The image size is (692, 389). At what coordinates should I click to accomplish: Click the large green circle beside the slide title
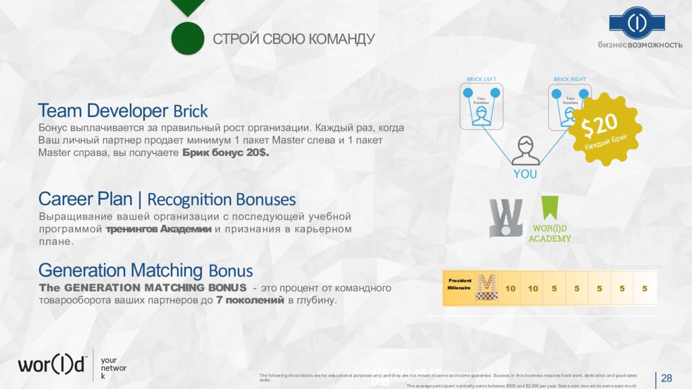click(x=187, y=38)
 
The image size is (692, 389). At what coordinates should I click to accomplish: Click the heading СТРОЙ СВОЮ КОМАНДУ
click(x=293, y=39)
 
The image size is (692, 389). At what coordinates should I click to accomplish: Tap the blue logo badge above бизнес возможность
click(x=637, y=23)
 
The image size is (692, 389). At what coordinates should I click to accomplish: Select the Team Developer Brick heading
click(x=123, y=111)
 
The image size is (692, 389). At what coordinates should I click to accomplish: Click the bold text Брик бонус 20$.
click(x=226, y=153)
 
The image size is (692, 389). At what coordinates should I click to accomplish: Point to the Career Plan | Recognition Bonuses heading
click(x=167, y=199)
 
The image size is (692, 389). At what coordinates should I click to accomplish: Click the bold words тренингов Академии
click(x=159, y=230)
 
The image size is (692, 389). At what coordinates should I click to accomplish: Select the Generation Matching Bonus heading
click(x=145, y=271)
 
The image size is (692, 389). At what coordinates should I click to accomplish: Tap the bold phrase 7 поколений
click(x=250, y=301)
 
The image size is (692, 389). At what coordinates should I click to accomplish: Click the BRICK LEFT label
click(x=481, y=79)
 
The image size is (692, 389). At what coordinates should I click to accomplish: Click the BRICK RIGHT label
click(x=570, y=79)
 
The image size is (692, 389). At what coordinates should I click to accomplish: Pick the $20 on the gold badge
click(x=600, y=125)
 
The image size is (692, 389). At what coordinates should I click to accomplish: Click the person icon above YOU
click(x=525, y=150)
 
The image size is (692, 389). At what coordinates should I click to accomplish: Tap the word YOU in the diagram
click(x=525, y=174)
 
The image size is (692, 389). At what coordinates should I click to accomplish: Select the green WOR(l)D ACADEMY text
click(x=549, y=234)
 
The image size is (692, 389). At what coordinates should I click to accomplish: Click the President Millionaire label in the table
click(x=460, y=284)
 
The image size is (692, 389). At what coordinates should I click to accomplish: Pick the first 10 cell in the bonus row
click(x=510, y=288)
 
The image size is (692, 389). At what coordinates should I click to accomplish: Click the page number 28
click(x=666, y=378)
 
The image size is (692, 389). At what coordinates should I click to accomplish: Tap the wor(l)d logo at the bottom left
click(x=52, y=365)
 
